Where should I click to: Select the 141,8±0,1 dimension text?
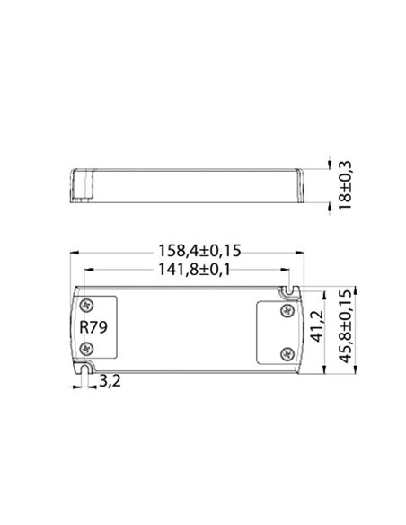(x=188, y=269)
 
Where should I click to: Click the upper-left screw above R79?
(x=87, y=307)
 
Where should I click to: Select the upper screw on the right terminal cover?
(x=287, y=311)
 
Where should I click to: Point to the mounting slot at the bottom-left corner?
(x=86, y=366)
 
